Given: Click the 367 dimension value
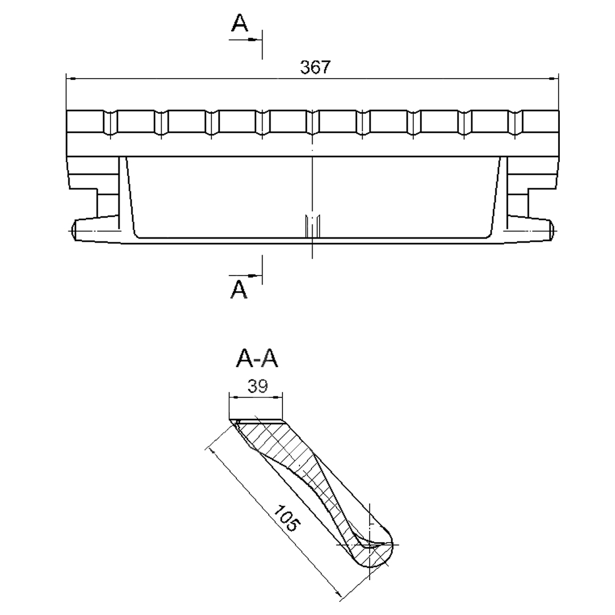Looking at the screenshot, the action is [x=315, y=67].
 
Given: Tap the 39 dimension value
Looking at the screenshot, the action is [x=258, y=386].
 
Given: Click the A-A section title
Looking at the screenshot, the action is [x=257, y=358].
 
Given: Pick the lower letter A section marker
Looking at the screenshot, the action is [x=239, y=290].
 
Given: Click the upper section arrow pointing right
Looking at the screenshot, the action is [x=245, y=40].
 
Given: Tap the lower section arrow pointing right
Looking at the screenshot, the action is [x=245, y=276].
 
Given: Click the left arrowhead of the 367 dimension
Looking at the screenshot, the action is [x=71, y=79].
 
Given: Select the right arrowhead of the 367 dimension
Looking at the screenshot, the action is [x=553, y=79].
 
